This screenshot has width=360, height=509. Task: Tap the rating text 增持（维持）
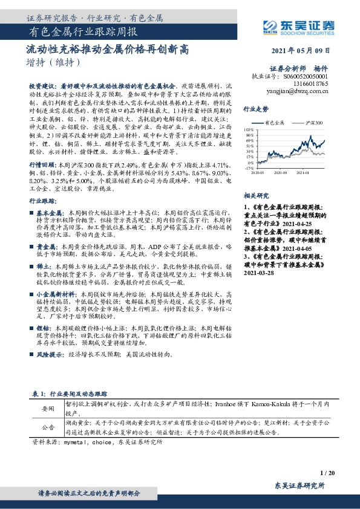53,62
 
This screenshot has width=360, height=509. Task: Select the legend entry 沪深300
313,122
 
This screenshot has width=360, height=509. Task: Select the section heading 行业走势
255,109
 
